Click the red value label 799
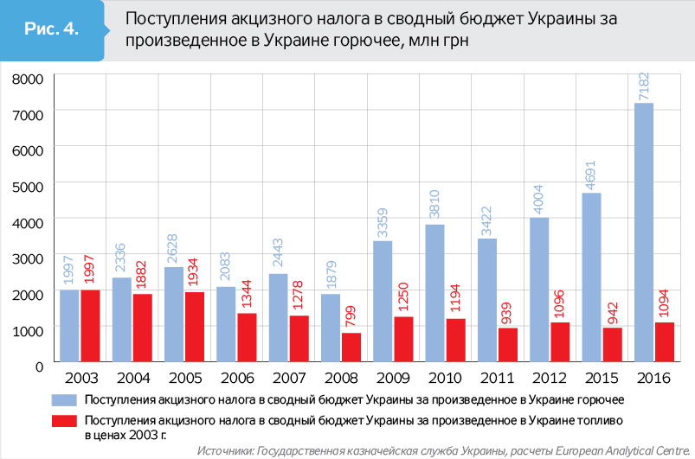[351, 316]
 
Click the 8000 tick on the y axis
[29, 79]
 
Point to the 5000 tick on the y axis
[29, 186]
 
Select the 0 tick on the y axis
[39, 365]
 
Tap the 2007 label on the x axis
[289, 379]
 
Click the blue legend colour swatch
[64, 400]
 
